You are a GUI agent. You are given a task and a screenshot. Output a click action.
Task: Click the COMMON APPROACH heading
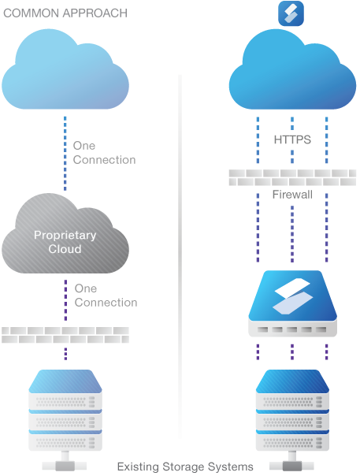click(65, 13)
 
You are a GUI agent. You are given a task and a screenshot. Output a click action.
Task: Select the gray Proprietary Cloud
click(65, 233)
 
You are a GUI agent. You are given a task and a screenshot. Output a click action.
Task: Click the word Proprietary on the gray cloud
click(65, 236)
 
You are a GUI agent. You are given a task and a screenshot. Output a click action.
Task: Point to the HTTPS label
click(292, 139)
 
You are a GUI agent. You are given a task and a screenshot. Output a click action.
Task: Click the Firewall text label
click(292, 195)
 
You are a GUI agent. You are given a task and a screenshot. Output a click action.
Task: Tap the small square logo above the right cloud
click(291, 13)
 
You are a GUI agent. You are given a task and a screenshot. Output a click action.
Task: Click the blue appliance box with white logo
click(292, 303)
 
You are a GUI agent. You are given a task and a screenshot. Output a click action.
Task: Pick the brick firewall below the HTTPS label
click(292, 177)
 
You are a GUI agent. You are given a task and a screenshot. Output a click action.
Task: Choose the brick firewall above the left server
click(65, 335)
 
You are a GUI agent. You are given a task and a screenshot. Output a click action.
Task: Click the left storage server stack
click(65, 410)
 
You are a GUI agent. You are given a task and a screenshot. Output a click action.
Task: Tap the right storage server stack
click(292, 410)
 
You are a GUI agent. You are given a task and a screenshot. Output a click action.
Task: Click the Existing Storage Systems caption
click(185, 467)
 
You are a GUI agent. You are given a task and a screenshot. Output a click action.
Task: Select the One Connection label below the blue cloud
click(104, 153)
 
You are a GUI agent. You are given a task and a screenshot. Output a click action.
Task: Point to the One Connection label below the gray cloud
click(106, 296)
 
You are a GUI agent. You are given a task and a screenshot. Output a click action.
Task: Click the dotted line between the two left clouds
click(65, 154)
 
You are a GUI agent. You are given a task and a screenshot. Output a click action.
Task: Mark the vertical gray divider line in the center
click(180, 256)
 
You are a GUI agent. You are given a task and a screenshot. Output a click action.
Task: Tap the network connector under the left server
click(65, 463)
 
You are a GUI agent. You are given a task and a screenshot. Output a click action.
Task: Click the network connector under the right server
click(292, 463)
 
